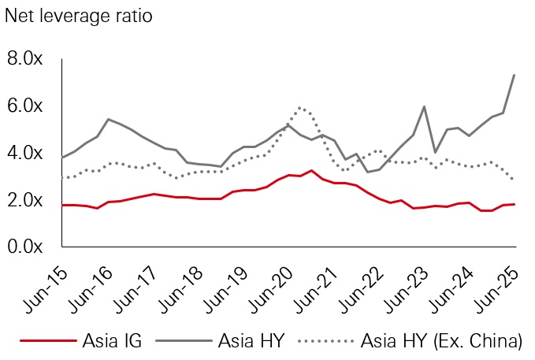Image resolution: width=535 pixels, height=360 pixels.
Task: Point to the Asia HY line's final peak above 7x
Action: (x=515, y=75)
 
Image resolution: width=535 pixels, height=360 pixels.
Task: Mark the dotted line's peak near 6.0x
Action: (x=299, y=108)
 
